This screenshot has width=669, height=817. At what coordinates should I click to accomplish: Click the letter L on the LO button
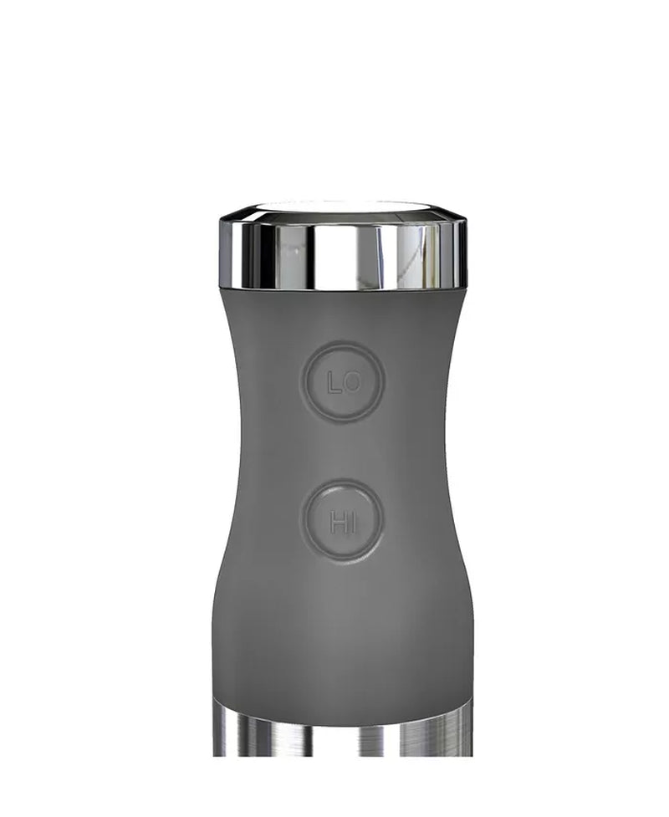334,383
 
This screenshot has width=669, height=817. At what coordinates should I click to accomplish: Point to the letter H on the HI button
337,524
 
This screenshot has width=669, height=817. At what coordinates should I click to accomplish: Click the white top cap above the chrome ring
343,206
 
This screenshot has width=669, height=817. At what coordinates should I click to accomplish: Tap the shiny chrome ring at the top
343,251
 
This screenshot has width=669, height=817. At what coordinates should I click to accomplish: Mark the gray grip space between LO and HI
343,452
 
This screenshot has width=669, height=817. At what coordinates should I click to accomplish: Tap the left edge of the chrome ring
223,251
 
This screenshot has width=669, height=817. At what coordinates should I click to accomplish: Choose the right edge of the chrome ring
464,251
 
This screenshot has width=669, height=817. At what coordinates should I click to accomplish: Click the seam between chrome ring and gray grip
343,289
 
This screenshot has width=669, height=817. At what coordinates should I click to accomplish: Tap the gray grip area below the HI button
343,627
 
